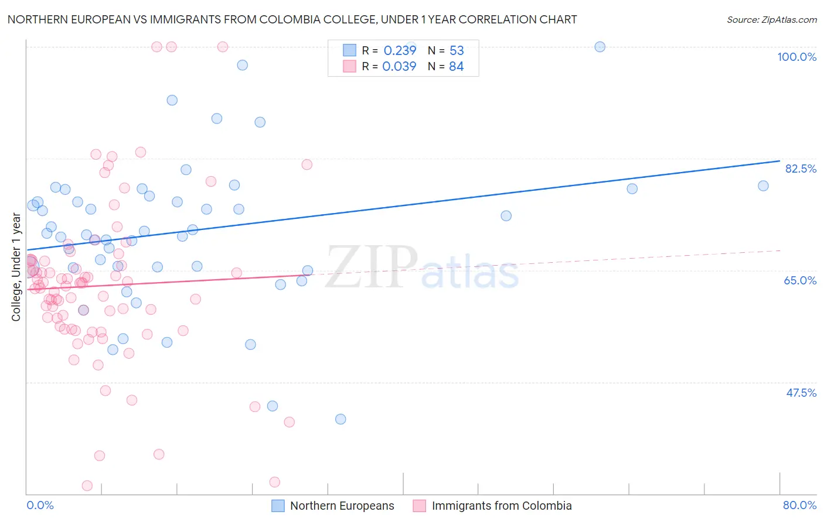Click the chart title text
pos(292,20)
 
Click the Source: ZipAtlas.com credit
pos(771,20)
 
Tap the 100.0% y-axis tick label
pos(796,57)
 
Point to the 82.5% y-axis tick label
pos(801,169)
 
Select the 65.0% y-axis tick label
pos(800,280)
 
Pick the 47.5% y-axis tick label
pos(801,393)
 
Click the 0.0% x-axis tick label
pos(40,505)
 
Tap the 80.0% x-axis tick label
pos(799,505)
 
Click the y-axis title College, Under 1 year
pos(16,267)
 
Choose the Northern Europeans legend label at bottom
pos(342,506)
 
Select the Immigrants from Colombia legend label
pos(502,506)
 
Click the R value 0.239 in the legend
pos(400,51)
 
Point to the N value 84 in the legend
pos(456,67)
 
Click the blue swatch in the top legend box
pos(349,50)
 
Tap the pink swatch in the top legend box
pos(349,66)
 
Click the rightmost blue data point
pos(763,186)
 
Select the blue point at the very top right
pos(600,47)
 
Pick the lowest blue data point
pos(341,419)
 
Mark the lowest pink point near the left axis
pos(87,486)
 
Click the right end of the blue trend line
pos(779,160)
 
